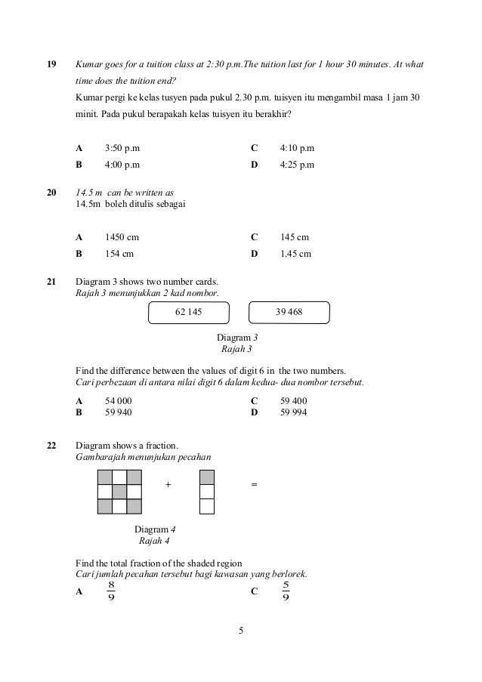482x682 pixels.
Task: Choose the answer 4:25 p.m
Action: pos(297,164)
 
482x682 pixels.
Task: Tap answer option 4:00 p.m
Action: pos(122,164)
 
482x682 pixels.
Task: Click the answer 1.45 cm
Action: pos(295,254)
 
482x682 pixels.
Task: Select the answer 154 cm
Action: pos(119,254)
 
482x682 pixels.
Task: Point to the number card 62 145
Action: pos(189,312)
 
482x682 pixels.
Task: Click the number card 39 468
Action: pos(289,311)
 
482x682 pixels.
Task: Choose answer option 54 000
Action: pos(119,401)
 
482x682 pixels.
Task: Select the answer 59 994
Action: pos(293,412)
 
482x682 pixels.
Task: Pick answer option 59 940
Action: pos(119,412)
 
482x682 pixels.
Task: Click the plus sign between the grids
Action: pos(168,486)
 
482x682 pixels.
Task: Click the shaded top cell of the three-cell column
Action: pos(206,477)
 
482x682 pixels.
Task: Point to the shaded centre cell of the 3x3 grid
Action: pos(119,492)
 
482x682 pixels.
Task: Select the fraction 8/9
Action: pos(111,591)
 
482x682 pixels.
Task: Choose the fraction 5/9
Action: pos(286,591)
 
